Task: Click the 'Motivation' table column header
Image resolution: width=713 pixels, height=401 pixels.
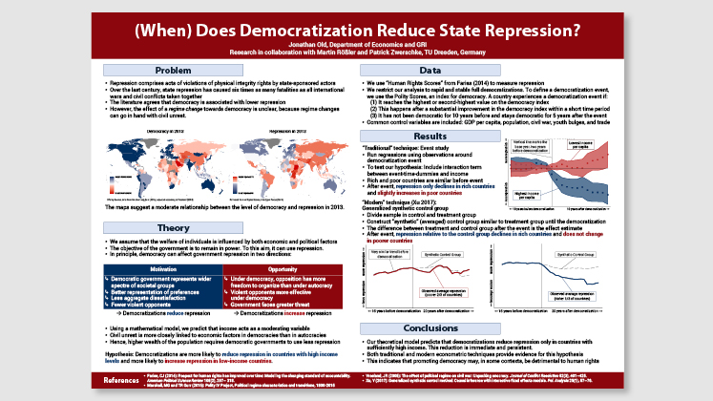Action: click(x=159, y=242)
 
